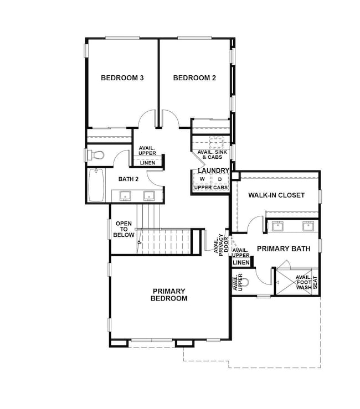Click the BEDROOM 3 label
tap(122, 78)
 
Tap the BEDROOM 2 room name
tap(194, 78)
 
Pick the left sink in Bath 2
tap(126, 195)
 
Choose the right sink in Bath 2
tap(148, 195)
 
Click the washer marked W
tap(202, 179)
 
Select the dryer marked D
tap(220, 179)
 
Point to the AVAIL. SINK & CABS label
tap(211, 155)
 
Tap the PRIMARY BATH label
tap(283, 248)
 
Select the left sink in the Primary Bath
tap(277, 226)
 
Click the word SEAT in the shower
tap(315, 282)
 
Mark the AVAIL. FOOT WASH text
tap(304, 282)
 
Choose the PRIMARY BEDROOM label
tap(169, 294)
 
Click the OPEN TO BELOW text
tap(124, 229)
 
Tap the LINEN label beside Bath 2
tap(147, 162)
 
